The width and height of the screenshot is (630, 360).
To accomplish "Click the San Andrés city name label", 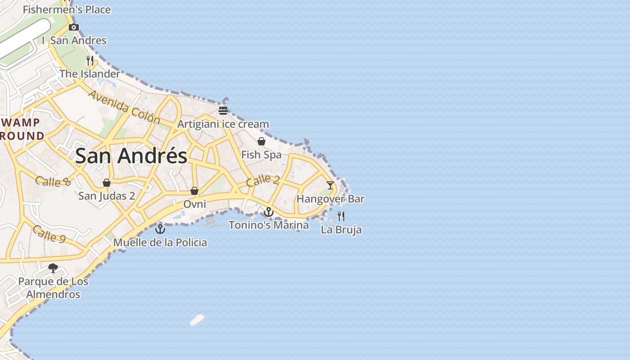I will (x=131, y=156).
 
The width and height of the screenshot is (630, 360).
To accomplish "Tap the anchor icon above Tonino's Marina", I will (x=269, y=211).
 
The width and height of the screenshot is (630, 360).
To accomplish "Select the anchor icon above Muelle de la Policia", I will (x=160, y=229).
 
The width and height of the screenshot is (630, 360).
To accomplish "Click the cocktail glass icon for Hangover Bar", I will (x=330, y=185).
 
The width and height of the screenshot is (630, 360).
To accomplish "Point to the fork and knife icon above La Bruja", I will (x=341, y=216).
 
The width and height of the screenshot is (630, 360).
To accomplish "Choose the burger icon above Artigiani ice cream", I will (x=223, y=110).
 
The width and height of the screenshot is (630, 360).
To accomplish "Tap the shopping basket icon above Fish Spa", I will (x=261, y=141).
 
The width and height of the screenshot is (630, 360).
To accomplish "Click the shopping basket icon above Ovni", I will (x=194, y=191).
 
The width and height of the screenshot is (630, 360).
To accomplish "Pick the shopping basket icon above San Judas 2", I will (x=107, y=183).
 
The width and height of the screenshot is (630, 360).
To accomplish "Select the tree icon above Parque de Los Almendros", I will (x=53, y=268).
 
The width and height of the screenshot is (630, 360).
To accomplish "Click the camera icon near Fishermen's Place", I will (x=74, y=27).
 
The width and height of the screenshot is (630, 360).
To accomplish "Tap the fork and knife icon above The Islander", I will (x=90, y=60).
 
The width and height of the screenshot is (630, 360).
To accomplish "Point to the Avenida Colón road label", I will (x=124, y=107).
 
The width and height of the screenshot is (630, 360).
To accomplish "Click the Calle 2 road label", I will (x=263, y=180).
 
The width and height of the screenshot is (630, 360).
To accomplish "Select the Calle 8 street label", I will (x=53, y=181).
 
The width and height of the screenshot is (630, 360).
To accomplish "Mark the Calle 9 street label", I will (x=49, y=234).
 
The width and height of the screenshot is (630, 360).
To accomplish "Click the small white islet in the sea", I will (x=197, y=320).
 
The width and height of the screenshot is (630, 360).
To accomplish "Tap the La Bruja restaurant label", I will (x=341, y=230).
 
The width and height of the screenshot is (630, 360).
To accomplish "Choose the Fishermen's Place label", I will (x=67, y=9).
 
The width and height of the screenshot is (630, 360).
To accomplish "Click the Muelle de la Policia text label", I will (x=160, y=243).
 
